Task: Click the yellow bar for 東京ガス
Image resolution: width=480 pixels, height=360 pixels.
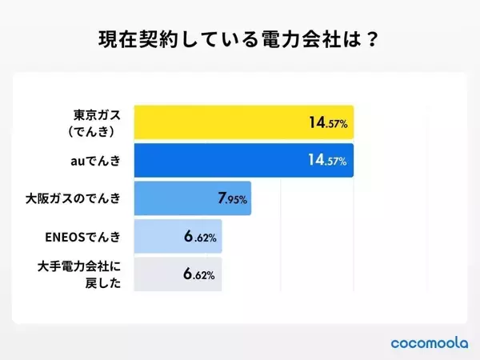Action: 224,122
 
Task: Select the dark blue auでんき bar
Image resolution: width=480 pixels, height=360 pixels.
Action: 224,161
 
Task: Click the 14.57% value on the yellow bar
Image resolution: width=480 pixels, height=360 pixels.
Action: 326,122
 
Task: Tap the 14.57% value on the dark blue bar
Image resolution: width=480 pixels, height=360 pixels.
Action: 326,161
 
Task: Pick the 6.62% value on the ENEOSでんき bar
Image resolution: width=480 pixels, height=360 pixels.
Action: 198,237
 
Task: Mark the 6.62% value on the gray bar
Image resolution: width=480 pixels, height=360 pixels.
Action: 198,275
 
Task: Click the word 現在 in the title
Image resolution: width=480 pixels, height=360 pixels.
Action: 113,37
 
